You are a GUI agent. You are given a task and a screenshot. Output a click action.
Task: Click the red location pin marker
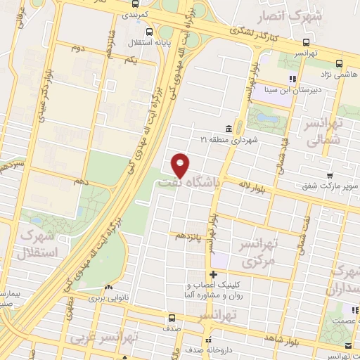coord(181,165)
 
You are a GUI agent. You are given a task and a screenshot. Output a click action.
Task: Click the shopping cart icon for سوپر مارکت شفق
coord(329,176)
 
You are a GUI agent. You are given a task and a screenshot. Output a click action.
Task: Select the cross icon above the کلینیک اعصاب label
coord(214,274)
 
